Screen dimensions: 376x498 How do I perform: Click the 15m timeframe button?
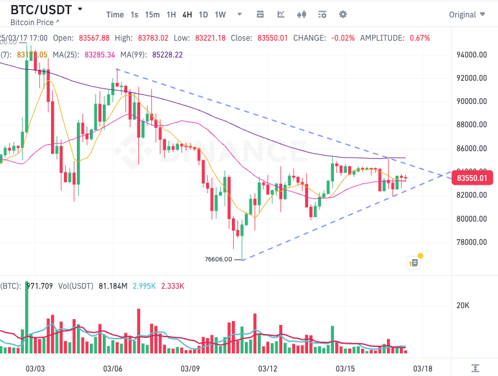tap(152, 14)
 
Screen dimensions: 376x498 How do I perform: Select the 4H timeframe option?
tap(187, 14)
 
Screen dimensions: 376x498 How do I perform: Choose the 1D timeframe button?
tap(203, 14)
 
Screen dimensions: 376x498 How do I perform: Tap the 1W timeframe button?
tap(220, 14)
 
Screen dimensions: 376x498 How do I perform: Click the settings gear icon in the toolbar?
tap(343, 14)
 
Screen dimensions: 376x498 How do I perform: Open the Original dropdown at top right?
tap(466, 14)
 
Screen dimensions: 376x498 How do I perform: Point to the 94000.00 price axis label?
tap(471, 55)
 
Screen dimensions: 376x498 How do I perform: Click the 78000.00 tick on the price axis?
tap(471, 242)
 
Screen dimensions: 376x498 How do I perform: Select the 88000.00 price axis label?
tap(471, 125)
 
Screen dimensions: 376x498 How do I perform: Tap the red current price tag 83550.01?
tap(475, 177)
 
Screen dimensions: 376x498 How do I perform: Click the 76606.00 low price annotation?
tap(218, 259)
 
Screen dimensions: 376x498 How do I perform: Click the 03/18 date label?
tap(422, 369)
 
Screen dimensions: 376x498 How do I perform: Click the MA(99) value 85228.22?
tap(167, 55)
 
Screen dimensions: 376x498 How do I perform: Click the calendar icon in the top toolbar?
tap(260, 14)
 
